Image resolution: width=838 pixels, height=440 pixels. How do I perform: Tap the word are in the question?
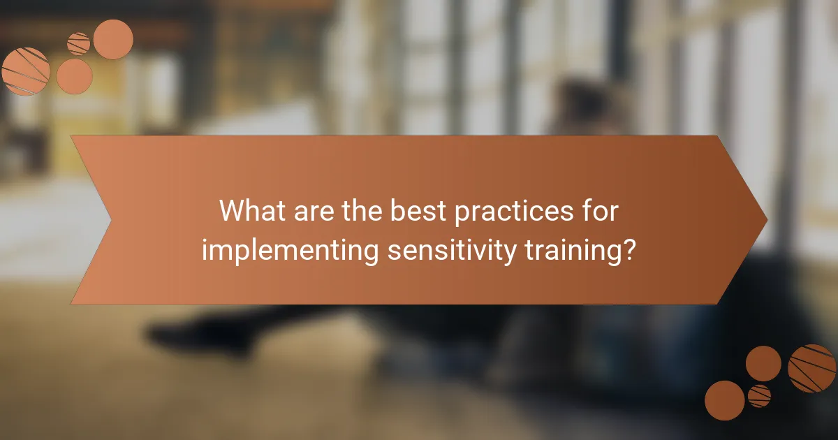pos(314,211)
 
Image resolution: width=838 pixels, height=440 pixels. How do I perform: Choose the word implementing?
pos(287,249)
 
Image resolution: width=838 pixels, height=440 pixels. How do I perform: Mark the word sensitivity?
pos(446,249)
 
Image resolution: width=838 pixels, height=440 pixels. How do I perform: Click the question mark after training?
pos(628,249)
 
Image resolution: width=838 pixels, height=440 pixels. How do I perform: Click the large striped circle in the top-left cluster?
pos(26,71)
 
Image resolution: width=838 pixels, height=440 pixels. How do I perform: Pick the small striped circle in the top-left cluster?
pos(79,43)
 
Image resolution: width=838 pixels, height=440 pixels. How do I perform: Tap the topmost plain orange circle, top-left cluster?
pos(113,39)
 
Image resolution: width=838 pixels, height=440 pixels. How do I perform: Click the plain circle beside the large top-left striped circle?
pos(74,76)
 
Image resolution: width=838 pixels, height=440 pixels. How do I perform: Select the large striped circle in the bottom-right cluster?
pos(812,368)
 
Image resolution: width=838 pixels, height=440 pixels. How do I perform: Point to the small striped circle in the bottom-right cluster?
pos(759,395)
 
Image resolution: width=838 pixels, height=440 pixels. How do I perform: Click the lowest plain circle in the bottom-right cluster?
pos(724,401)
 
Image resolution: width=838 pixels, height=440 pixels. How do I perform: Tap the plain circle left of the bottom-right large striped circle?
pos(763,363)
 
